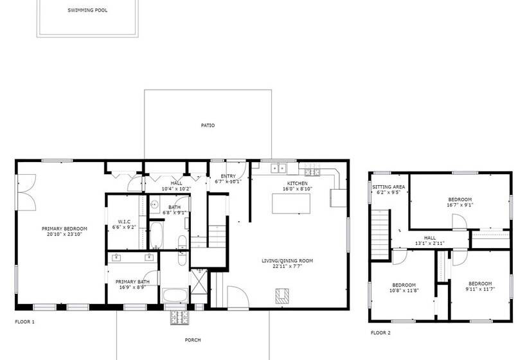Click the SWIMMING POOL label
click(87, 11)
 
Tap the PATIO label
click(207, 125)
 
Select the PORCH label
click(192, 340)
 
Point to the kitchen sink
click(279, 169)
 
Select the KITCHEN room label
click(297, 183)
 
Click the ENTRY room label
click(228, 176)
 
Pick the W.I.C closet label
click(124, 222)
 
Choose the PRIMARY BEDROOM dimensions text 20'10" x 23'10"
click(64, 235)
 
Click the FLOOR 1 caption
click(24, 321)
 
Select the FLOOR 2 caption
click(380, 332)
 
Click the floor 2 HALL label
click(430, 238)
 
